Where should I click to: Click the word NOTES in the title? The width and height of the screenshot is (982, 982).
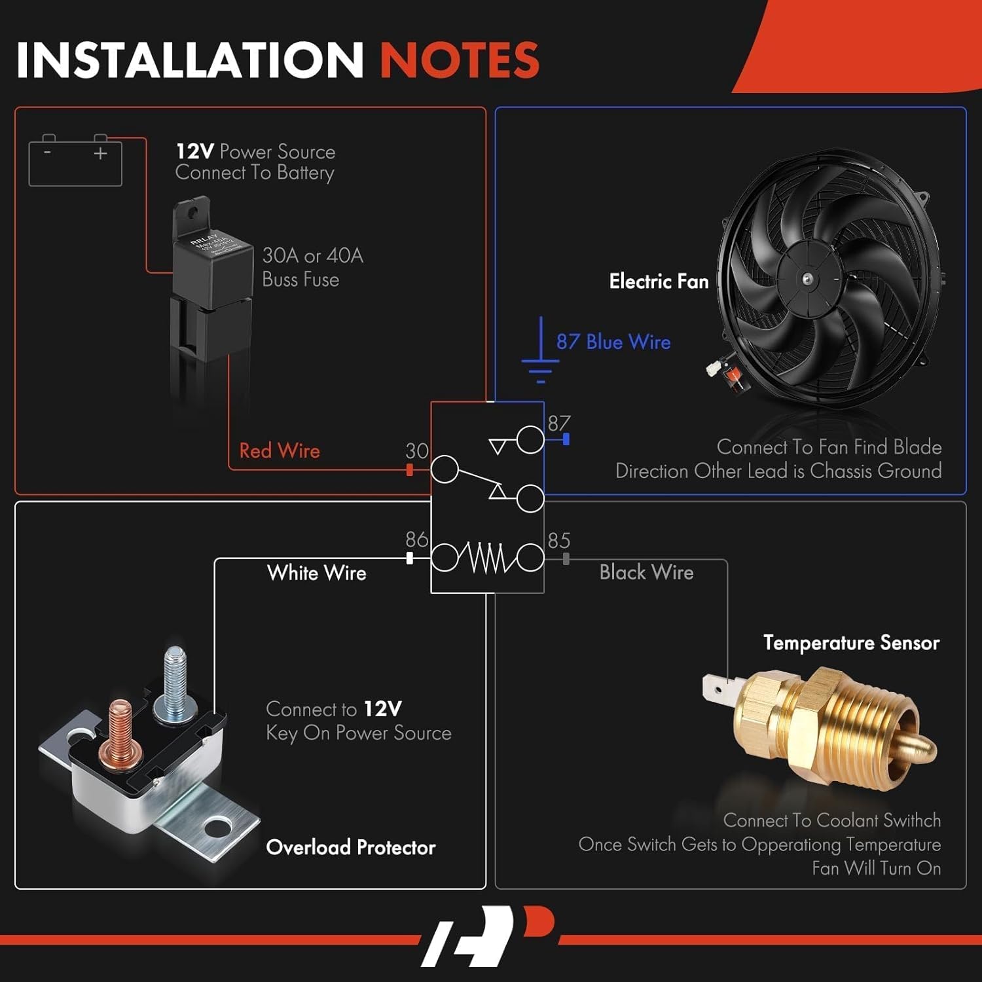click(x=460, y=60)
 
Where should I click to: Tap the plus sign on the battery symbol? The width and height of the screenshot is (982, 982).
click(x=100, y=154)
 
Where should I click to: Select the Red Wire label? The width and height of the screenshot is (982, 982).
click(x=280, y=451)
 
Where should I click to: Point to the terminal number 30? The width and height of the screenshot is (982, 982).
click(x=417, y=451)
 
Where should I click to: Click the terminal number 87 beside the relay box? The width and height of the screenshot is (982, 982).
click(x=559, y=424)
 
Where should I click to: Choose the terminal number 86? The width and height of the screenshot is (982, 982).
click(x=416, y=539)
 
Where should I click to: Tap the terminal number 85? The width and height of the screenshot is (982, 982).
click(x=559, y=541)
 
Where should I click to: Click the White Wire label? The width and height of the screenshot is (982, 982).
click(x=317, y=573)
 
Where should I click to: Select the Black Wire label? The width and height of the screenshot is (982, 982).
click(x=646, y=572)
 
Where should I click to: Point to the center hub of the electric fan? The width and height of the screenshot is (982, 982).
click(x=807, y=278)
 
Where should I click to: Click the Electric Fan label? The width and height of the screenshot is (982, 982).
click(x=659, y=282)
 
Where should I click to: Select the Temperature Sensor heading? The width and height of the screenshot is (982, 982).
click(x=851, y=643)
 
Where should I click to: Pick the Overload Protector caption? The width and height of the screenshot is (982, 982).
click(x=351, y=847)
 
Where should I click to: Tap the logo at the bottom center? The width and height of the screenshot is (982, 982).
click(x=488, y=936)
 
